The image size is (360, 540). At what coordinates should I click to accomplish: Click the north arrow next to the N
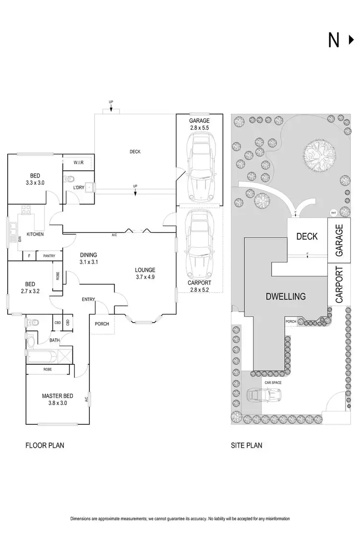(351, 41)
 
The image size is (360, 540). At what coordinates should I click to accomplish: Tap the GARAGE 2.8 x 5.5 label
(199, 124)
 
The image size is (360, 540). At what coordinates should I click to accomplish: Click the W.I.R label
(79, 163)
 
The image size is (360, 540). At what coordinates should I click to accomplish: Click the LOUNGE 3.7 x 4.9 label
(145, 273)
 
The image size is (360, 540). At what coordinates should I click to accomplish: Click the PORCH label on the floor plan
(102, 324)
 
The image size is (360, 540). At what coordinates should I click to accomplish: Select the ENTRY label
(88, 300)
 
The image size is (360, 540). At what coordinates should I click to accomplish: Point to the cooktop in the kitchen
(25, 210)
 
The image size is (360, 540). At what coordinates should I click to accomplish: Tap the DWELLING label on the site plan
(286, 296)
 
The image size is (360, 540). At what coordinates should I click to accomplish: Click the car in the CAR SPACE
(264, 395)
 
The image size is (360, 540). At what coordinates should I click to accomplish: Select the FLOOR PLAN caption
(45, 445)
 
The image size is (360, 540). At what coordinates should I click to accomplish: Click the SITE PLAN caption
(247, 445)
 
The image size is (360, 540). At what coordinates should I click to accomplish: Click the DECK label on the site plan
(307, 236)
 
